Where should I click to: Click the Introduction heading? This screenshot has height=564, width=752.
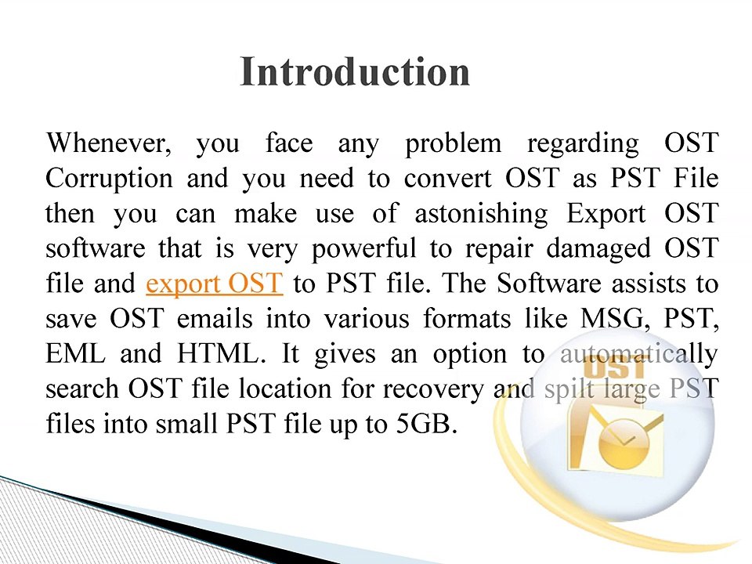point(355,71)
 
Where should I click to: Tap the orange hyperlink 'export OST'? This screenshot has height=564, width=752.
point(215,284)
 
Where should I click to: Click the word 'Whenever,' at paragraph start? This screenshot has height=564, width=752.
point(109,143)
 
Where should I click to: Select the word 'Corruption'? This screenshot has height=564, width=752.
point(110,179)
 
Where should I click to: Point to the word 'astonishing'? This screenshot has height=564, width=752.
point(481,214)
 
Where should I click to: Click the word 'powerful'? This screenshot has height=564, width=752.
point(364,249)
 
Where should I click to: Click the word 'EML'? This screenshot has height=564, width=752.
point(75,354)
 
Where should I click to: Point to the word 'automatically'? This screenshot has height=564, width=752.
point(639,355)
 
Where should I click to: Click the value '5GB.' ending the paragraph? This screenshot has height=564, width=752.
point(427,424)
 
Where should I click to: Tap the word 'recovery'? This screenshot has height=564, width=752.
point(433,390)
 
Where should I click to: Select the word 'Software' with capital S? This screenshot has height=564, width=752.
point(548,284)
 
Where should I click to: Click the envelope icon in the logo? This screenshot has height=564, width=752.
point(616,438)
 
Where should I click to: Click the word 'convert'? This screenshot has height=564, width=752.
point(448,179)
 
